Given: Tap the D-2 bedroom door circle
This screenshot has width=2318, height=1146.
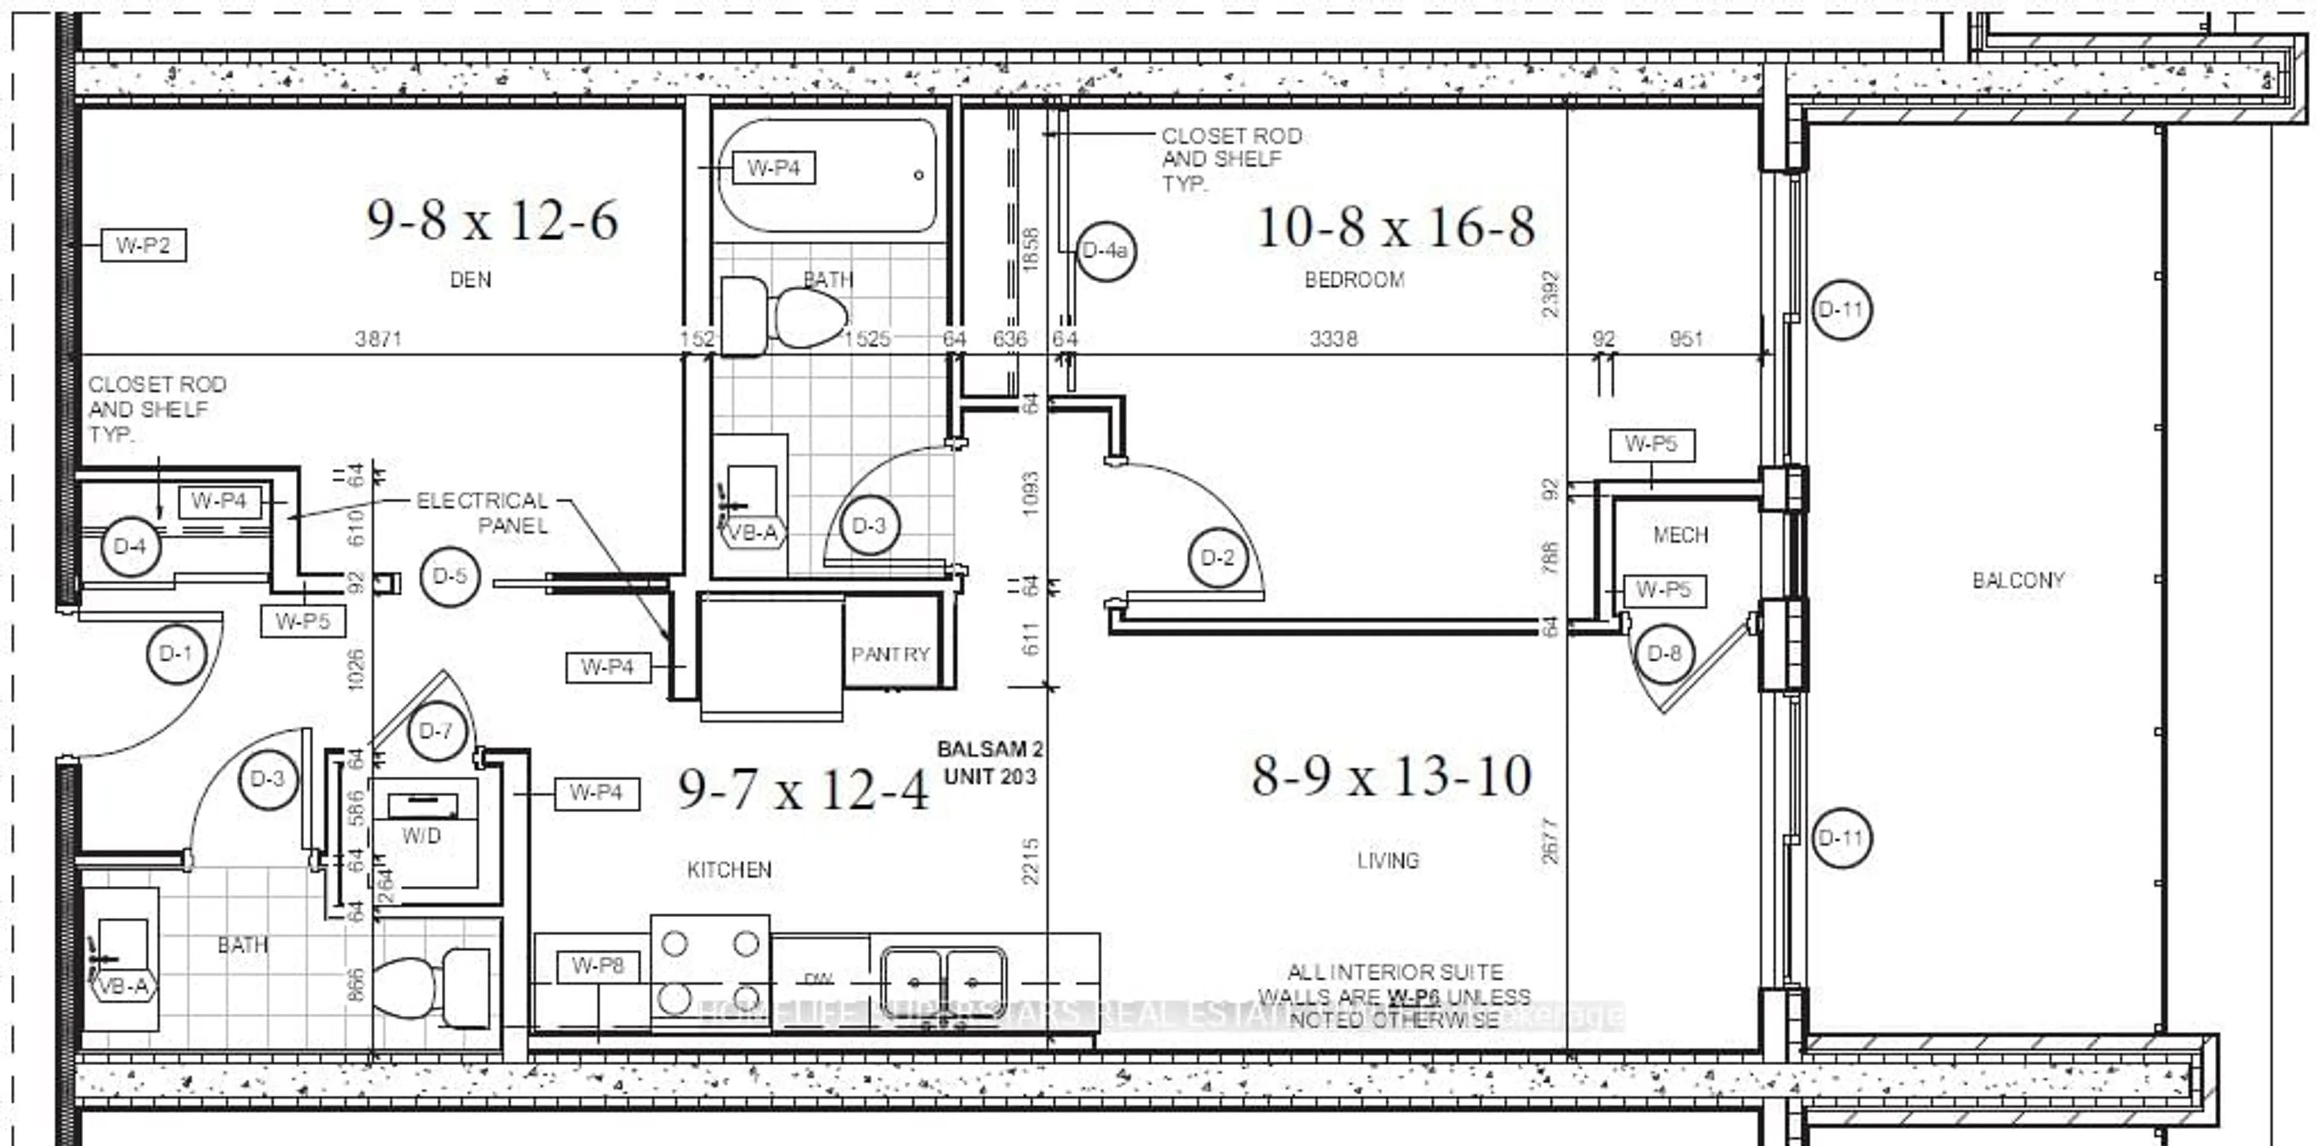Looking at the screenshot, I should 1218,558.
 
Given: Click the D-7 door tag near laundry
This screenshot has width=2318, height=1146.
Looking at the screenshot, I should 435,730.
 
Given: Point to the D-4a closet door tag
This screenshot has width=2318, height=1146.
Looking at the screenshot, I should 1106,250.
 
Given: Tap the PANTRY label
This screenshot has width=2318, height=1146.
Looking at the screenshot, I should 890,654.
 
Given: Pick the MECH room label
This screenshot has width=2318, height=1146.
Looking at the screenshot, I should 1680,535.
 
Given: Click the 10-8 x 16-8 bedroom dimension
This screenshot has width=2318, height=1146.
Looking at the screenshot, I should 1395,227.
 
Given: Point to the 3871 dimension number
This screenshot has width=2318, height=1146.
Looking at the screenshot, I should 378,339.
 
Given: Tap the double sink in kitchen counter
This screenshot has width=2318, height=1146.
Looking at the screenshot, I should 942,982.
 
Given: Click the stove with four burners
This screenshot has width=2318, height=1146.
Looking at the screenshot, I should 710,972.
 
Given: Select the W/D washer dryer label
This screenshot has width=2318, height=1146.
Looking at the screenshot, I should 421,836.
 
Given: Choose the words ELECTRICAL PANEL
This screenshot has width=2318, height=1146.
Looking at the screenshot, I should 483,513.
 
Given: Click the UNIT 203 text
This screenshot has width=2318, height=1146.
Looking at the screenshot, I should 990,776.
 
